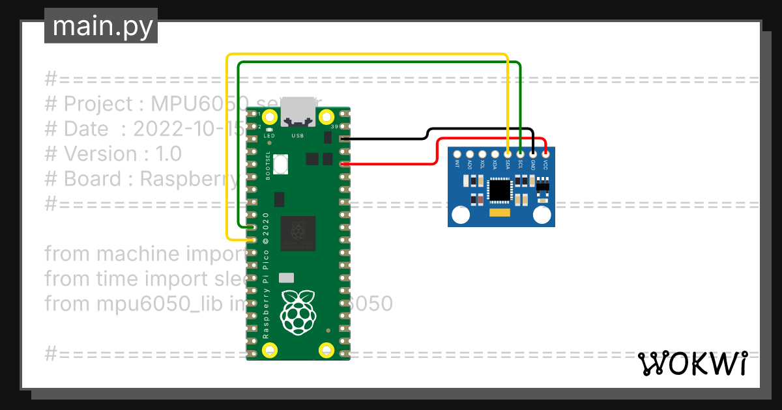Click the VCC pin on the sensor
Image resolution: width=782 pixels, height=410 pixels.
pyautogui.click(x=545, y=154)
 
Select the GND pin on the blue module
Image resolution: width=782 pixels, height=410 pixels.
pyautogui.click(x=533, y=154)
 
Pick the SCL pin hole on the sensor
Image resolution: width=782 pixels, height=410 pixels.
pyautogui.click(x=520, y=154)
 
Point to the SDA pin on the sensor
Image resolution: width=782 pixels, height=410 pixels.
pyautogui.click(x=508, y=154)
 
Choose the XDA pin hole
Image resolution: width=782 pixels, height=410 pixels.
pyautogui.click(x=495, y=154)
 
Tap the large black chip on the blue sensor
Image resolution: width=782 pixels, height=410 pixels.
pyautogui.click(x=500, y=190)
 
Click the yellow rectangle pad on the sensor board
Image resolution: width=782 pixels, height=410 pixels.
pyautogui.click(x=500, y=212)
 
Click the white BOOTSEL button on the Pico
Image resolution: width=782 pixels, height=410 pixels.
pyautogui.click(x=282, y=164)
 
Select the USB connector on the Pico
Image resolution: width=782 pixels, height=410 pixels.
pyautogui.click(x=298, y=111)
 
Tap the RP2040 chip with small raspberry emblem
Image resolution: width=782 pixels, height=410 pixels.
pyautogui.click(x=298, y=233)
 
